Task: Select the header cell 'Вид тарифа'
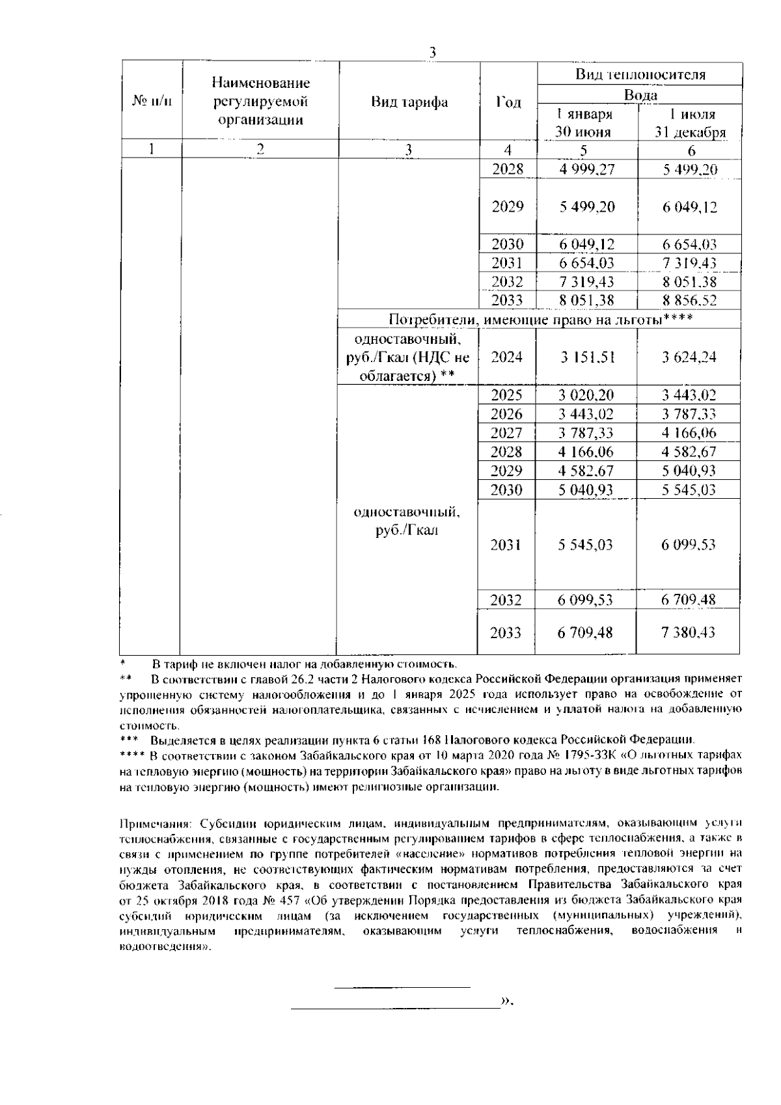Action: click(409, 102)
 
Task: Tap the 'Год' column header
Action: click(508, 102)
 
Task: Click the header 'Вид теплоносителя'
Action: click(640, 74)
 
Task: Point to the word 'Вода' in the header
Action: click(640, 95)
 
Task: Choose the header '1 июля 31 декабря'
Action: click(690, 124)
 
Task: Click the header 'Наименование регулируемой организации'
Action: click(260, 102)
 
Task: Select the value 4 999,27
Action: click(586, 170)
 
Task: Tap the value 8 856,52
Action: click(690, 301)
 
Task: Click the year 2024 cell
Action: click(507, 357)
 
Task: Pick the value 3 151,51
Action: click(586, 357)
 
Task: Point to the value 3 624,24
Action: click(690, 357)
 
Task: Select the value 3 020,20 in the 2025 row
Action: click(586, 395)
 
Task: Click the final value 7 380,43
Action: click(690, 632)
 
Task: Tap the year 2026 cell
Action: click(507, 414)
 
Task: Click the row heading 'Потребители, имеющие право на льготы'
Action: click(540, 319)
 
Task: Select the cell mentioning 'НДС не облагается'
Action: click(408, 357)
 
